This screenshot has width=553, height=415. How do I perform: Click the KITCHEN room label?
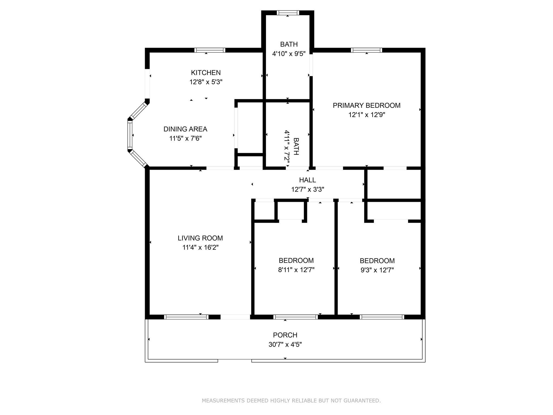click(206, 73)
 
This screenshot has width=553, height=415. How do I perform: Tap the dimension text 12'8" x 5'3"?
click(206, 82)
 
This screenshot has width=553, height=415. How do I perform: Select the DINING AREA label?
click(185, 129)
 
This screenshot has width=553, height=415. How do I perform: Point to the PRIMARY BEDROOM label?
click(366, 106)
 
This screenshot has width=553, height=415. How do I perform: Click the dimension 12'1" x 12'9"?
click(366, 115)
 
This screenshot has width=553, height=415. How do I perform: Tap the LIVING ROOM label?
click(200, 238)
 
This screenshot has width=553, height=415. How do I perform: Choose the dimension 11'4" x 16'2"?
click(200, 247)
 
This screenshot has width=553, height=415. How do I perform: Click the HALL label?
click(307, 180)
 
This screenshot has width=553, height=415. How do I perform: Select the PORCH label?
click(285, 335)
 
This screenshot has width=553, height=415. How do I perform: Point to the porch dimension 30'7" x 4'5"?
click(285, 344)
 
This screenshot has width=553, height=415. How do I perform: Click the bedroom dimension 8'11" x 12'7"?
click(296, 270)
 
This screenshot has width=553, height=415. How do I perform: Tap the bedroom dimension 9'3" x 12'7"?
click(377, 270)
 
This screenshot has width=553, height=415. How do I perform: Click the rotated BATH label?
click(296, 146)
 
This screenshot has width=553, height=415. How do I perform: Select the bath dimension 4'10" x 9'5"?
click(289, 54)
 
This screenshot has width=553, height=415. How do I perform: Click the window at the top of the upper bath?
click(288, 13)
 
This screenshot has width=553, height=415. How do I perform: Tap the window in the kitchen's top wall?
click(210, 50)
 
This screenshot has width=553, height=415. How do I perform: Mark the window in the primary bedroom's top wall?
click(366, 50)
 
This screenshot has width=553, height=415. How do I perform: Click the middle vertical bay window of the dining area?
click(130, 134)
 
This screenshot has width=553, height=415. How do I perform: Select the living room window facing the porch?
click(186, 317)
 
